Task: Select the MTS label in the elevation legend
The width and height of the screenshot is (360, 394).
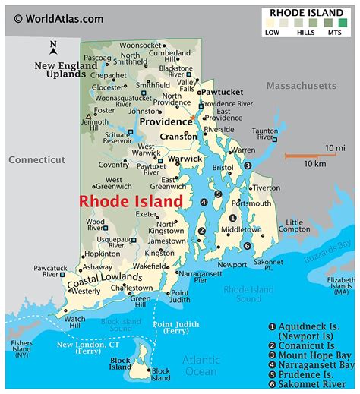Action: [x=334, y=33]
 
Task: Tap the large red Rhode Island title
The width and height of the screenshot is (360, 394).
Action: [x=131, y=201]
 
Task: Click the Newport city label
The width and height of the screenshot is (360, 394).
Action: [x=232, y=264]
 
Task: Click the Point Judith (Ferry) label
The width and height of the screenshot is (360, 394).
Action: [x=176, y=329]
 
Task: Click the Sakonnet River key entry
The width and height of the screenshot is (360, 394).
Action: [x=314, y=384]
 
